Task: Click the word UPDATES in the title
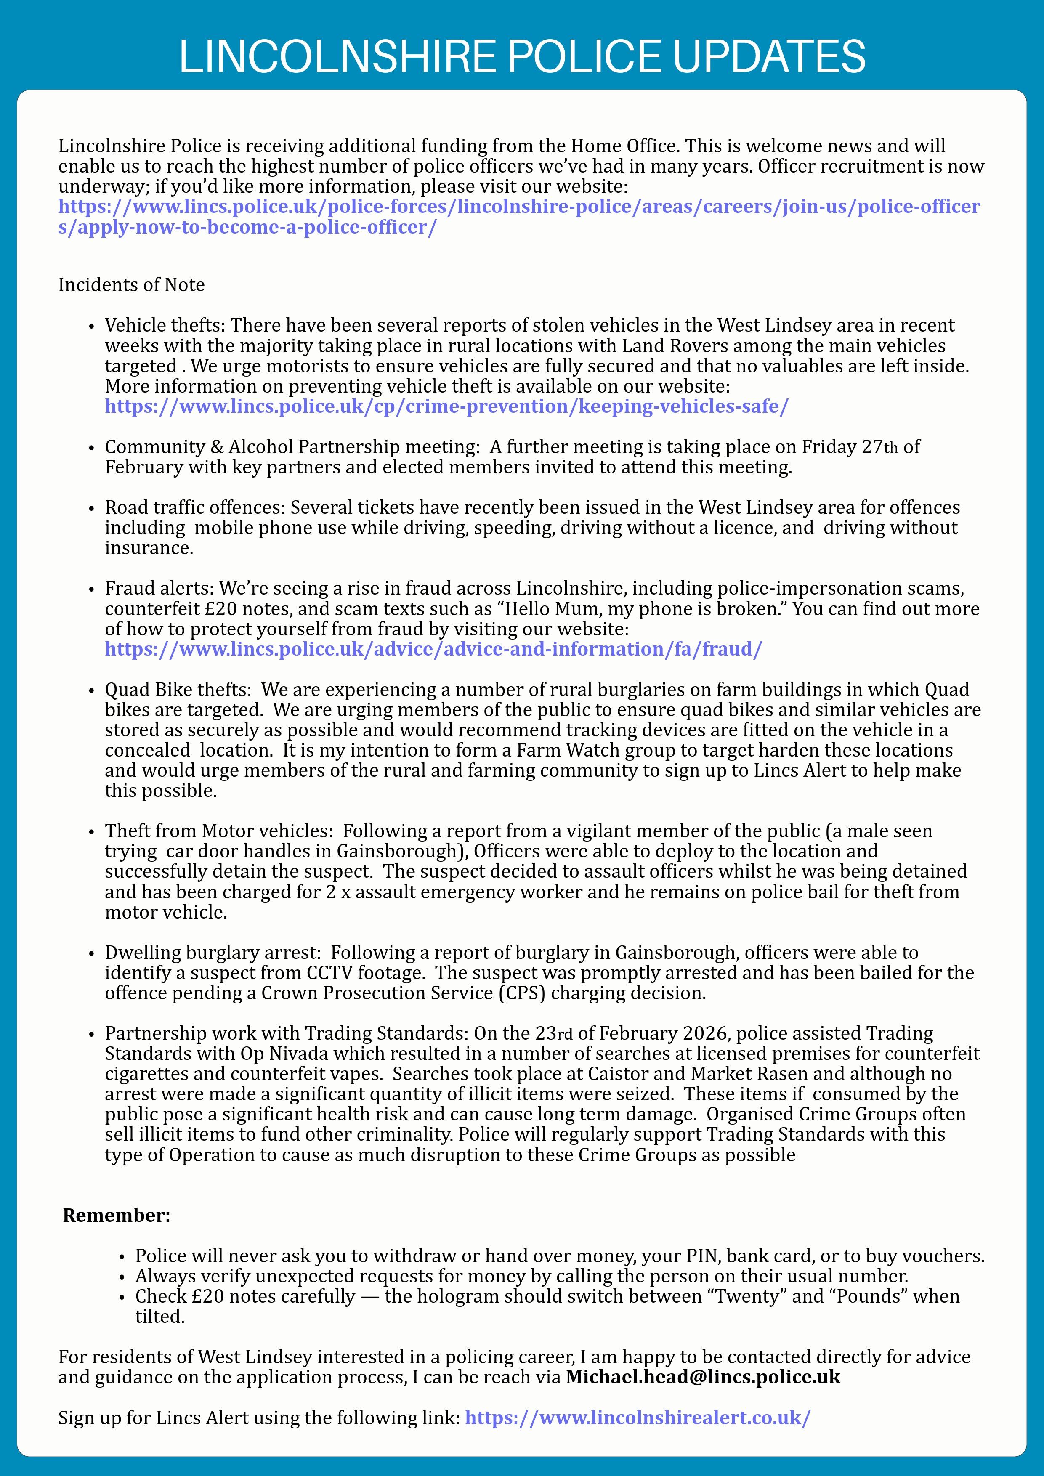click(768, 56)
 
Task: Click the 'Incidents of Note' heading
click(131, 285)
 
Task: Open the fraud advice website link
click(433, 649)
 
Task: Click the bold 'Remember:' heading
click(117, 1215)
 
